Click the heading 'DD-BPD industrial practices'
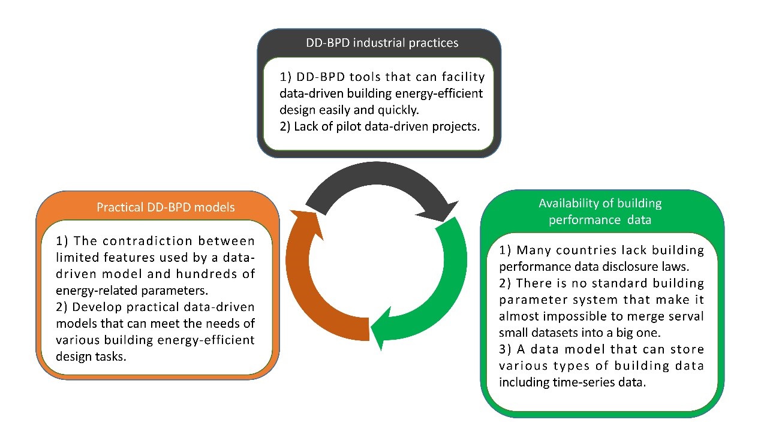(x=382, y=43)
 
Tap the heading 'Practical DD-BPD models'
(x=166, y=207)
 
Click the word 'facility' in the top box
(x=463, y=77)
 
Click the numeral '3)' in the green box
(x=505, y=349)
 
